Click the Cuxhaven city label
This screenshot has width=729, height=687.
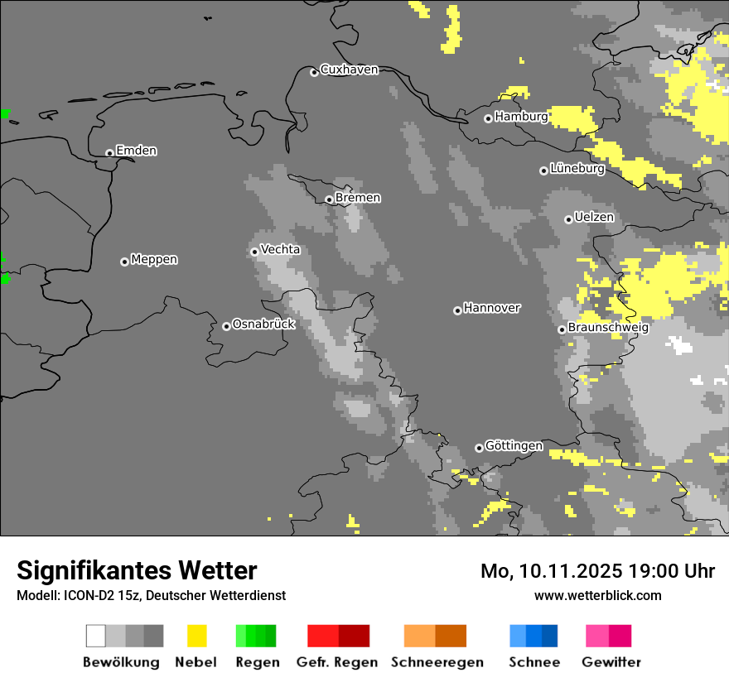pyautogui.click(x=349, y=70)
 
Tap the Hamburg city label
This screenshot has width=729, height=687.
pyautogui.click(x=521, y=117)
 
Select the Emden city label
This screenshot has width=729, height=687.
pyautogui.click(x=136, y=151)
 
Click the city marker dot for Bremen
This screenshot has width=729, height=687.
pyautogui.click(x=329, y=199)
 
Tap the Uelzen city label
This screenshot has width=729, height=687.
pyautogui.click(x=594, y=218)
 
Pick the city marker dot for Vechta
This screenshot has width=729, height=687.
pyautogui.click(x=254, y=252)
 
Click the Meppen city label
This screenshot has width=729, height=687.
pyautogui.click(x=154, y=260)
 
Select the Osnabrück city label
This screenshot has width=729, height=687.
pyautogui.click(x=263, y=324)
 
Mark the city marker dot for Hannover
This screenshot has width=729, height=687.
pyautogui.click(x=457, y=310)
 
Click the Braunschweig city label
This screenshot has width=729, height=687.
pyautogui.click(x=608, y=328)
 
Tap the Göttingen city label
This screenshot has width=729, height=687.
pyautogui.click(x=514, y=446)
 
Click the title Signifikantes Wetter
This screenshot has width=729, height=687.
pyautogui.click(x=137, y=570)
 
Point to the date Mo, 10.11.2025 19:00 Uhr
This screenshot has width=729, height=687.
pyautogui.click(x=597, y=571)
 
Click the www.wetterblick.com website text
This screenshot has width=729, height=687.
pyautogui.click(x=597, y=595)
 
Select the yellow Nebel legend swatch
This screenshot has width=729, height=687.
pyautogui.click(x=196, y=636)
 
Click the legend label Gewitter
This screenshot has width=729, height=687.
pyautogui.click(x=611, y=662)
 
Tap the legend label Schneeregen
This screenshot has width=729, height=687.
pyautogui.click(x=437, y=662)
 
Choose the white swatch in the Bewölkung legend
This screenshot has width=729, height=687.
pyautogui.click(x=96, y=636)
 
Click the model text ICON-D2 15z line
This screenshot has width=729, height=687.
pyautogui.click(x=151, y=595)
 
